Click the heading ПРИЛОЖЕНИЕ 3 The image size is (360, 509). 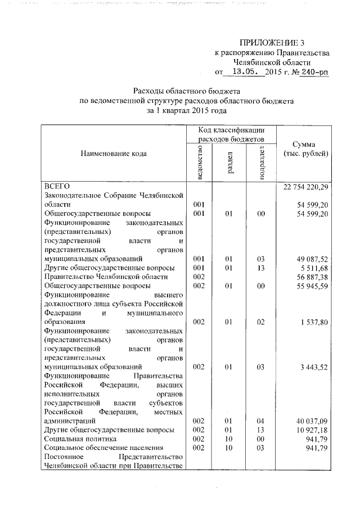coord(272,42)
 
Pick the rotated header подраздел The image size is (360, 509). coord(262,161)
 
